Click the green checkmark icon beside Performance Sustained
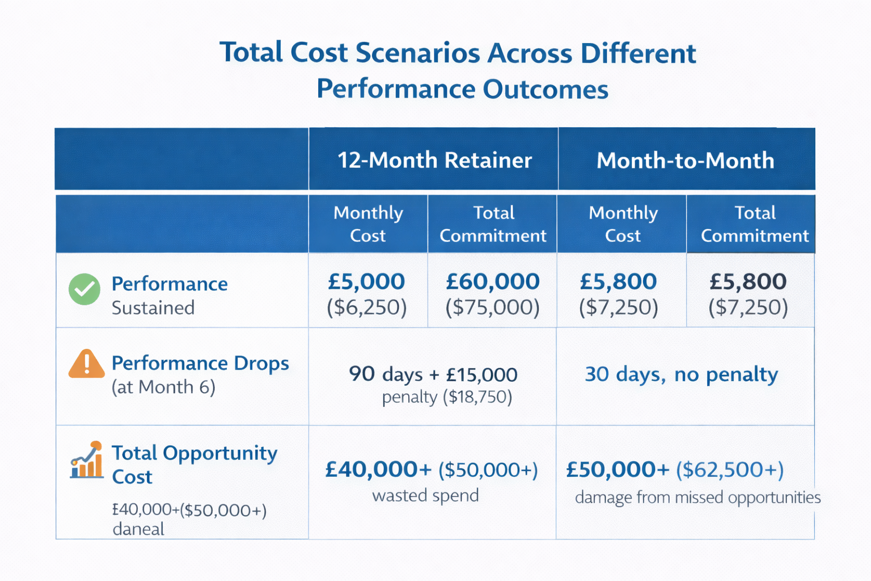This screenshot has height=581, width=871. (x=84, y=289)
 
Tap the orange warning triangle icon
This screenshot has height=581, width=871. (x=86, y=364)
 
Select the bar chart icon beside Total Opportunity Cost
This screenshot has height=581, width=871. (x=87, y=461)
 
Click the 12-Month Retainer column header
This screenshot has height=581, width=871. (x=434, y=160)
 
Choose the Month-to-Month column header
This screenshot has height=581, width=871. (x=685, y=161)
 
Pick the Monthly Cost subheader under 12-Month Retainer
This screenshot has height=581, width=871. (x=368, y=224)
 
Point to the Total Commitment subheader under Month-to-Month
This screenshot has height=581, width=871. (x=754, y=224)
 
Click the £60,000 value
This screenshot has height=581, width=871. (x=492, y=281)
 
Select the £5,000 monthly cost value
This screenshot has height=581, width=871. (x=366, y=281)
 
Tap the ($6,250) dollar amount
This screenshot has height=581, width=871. (x=366, y=307)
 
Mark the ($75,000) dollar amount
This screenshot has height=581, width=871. (x=492, y=307)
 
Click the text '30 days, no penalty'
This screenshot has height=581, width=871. (x=681, y=374)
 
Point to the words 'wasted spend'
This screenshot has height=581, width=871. (x=425, y=495)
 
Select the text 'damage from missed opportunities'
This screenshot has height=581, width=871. (x=697, y=498)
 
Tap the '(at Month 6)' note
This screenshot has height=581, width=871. (x=163, y=387)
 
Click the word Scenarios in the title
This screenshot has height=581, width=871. (x=416, y=53)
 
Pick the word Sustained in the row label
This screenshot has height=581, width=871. (x=153, y=308)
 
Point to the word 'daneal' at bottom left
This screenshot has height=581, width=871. (x=138, y=529)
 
